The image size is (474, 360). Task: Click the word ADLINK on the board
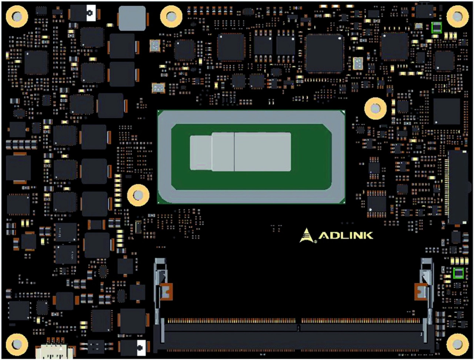[x=346, y=236]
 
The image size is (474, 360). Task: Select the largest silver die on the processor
[x=263, y=152]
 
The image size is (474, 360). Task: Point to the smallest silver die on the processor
[x=201, y=153]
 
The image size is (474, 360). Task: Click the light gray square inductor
[x=132, y=18]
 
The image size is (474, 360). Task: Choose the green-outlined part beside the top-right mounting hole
[x=437, y=28]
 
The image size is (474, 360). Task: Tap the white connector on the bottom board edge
[x=54, y=350]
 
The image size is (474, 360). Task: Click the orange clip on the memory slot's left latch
[x=166, y=292]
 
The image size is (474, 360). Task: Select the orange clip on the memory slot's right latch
[x=421, y=292]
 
